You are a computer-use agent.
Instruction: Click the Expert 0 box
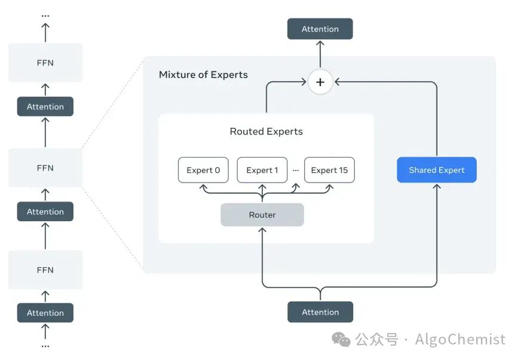point(203,170)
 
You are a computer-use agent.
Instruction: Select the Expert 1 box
point(262,170)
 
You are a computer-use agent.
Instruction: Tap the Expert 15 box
point(329,170)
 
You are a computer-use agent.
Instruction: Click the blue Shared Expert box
point(437,170)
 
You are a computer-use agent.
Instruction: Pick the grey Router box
point(262,215)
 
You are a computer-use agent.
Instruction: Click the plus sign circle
point(320,82)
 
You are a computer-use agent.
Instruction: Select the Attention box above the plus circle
point(320,29)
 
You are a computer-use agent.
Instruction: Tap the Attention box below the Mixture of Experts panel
point(320,312)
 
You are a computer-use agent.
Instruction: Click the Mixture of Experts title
point(203,75)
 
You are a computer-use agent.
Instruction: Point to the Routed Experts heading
point(266,132)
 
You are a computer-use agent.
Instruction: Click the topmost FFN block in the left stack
point(45,63)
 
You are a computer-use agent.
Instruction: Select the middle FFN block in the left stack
point(45,167)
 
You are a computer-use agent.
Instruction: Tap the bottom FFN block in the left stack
point(45,270)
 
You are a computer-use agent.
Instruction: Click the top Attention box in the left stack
point(45,106)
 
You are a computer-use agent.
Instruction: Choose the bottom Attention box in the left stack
point(45,313)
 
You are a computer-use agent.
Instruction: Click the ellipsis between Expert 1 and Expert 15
point(296,170)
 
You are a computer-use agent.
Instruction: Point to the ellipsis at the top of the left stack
point(45,16)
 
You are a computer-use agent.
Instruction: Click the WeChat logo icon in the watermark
point(341,340)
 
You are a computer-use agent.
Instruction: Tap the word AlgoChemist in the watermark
point(460,340)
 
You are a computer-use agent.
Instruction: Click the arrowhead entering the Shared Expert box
point(437,187)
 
